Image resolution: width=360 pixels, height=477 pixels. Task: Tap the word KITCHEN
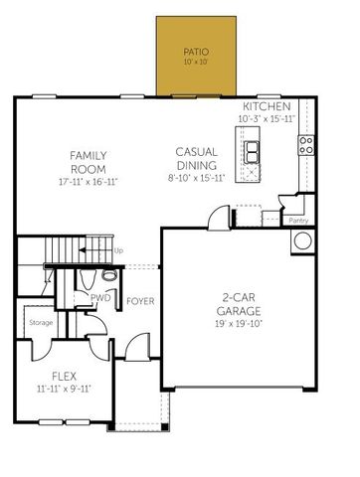coord(267,106)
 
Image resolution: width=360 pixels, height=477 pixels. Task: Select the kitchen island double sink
coord(253,152)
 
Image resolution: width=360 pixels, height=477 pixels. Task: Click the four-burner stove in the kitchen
coord(306,147)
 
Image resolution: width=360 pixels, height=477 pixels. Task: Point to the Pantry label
coord(296,220)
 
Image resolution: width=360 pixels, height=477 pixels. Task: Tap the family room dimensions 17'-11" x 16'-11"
coord(89,183)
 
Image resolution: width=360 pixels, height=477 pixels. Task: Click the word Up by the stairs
coord(119,250)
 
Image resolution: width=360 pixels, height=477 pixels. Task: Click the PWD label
coord(100,297)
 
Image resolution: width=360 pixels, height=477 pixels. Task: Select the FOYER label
coord(140,300)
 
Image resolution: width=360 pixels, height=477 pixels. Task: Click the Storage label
coord(40,322)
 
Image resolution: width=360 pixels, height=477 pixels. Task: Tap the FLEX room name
coord(64,377)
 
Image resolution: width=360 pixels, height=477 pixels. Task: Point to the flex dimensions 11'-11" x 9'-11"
coord(64,390)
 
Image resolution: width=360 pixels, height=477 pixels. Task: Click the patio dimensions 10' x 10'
coord(196,63)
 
